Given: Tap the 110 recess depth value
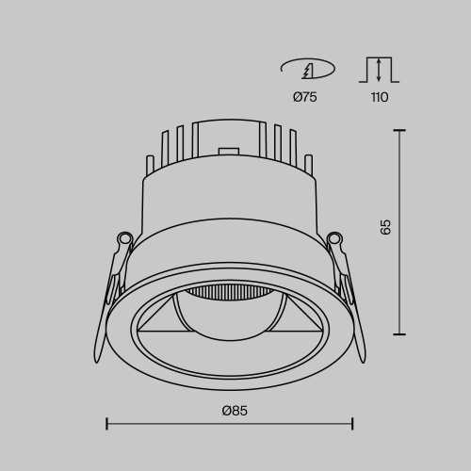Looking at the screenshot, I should pos(379,96).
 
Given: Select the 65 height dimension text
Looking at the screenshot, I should pos(384,227).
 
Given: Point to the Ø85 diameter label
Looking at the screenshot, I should pos(234,411).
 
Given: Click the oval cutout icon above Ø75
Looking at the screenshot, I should pos(308,69).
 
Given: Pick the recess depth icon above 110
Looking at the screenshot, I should pos(379,69).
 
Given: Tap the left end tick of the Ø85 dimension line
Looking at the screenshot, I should pos(106,424).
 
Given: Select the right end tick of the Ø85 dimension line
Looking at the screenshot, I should pos(352,424).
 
